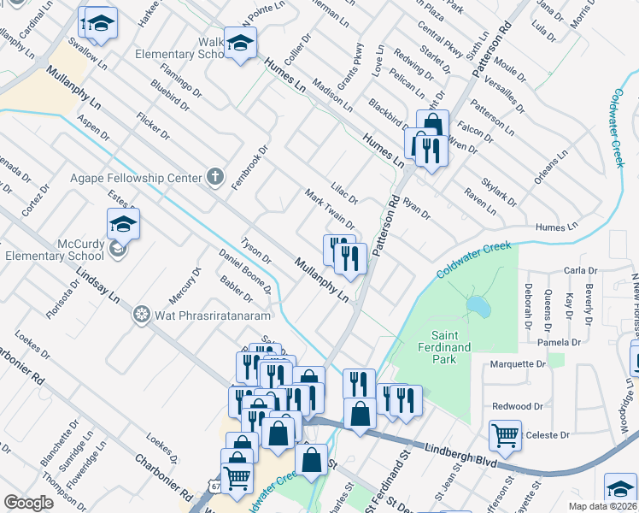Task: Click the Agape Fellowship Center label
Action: (136, 179)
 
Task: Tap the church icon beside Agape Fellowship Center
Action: (216, 179)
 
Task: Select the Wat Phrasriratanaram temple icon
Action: (142, 315)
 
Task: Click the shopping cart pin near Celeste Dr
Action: (505, 434)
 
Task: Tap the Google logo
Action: (28, 503)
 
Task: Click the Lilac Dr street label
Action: (343, 186)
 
